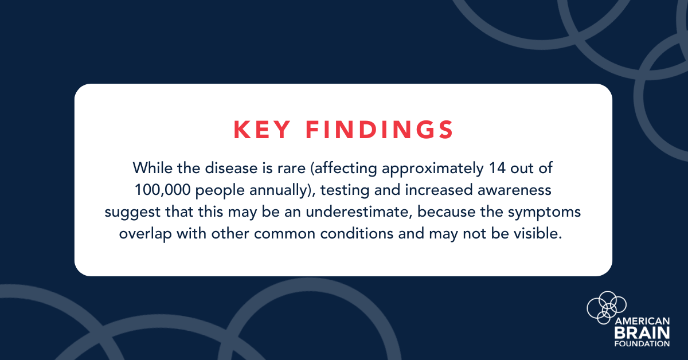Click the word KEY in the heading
261,130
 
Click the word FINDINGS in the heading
380,130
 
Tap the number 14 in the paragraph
497,169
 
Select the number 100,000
163,190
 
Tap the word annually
279,190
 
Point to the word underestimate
359,212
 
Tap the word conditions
357,234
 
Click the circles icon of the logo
607,307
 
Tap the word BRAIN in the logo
642,332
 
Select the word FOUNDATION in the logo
642,344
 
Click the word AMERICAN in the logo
642,321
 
